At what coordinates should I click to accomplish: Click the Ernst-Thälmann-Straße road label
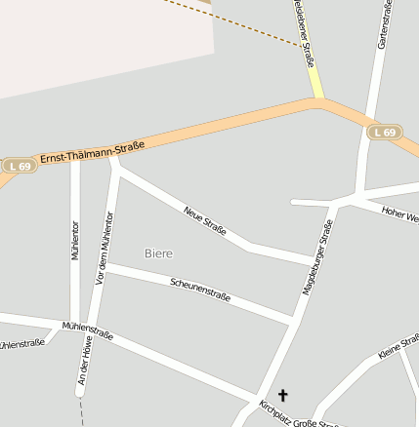click(92, 152)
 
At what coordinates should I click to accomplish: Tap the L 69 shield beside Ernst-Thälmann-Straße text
click(18, 167)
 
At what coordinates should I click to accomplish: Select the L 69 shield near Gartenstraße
click(385, 133)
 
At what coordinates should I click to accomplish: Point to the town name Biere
click(158, 253)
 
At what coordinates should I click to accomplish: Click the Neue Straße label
click(205, 220)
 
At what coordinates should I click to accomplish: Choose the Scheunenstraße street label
click(200, 290)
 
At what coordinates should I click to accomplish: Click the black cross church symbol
click(284, 395)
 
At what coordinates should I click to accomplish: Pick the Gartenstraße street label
click(384, 24)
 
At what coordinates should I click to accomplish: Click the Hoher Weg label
click(400, 213)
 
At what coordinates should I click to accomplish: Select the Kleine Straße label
click(398, 346)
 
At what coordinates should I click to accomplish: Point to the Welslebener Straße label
click(304, 34)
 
